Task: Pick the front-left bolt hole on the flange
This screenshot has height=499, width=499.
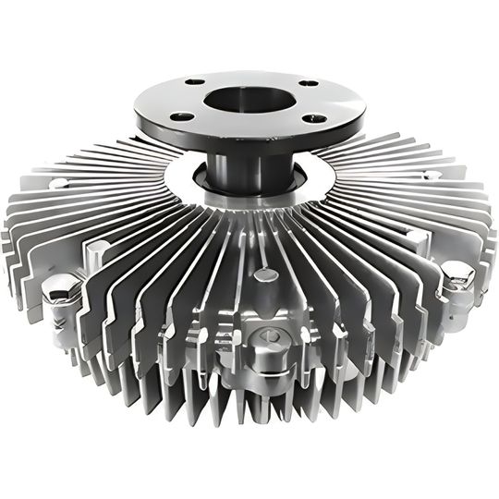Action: coord(183,116)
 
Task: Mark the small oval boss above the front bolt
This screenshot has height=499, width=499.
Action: coord(267,274)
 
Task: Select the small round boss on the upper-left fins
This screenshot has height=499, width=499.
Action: coord(58,183)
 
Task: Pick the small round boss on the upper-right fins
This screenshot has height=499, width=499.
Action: coord(428,176)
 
